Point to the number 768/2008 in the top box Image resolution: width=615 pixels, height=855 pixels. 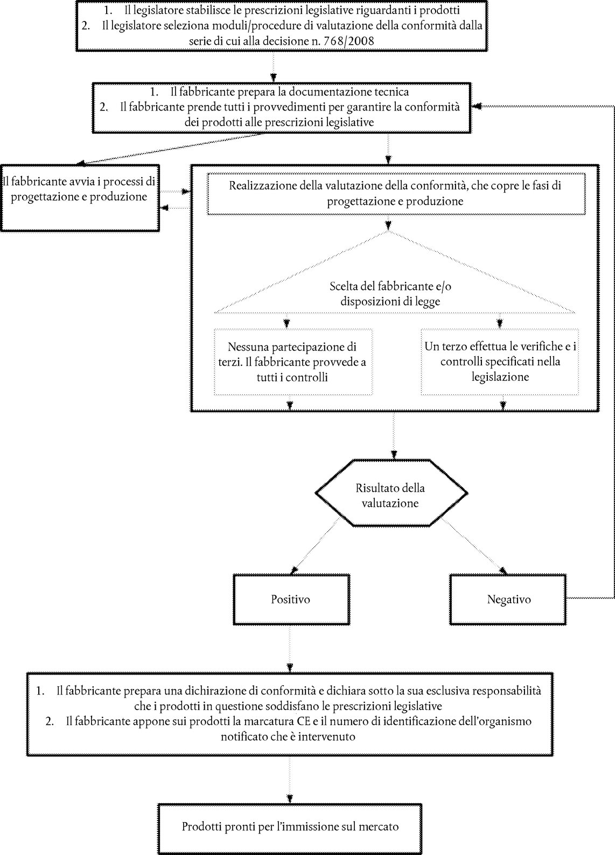click(x=349, y=41)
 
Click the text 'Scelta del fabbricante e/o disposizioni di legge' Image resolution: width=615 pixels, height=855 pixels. click(x=390, y=294)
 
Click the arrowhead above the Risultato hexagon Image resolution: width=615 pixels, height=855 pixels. click(x=394, y=455)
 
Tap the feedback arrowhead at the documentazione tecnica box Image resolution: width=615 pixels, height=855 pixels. click(x=477, y=107)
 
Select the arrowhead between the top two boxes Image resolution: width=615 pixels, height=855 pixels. click(x=274, y=77)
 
